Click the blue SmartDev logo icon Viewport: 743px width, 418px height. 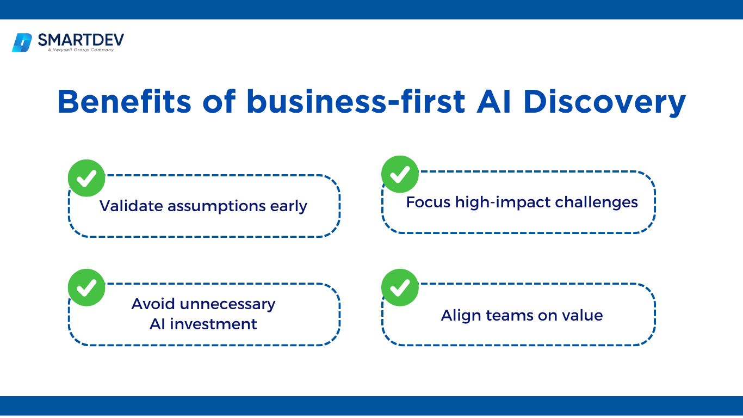pos(22,43)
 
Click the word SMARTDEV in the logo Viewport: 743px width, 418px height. pos(81,40)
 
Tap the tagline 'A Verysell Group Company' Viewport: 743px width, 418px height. pos(81,50)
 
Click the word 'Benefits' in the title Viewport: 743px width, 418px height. pos(125,102)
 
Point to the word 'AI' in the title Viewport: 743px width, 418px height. pos(493,102)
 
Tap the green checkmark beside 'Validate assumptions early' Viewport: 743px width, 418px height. pos(86,178)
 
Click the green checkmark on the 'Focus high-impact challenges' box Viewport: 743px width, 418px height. pos(400,174)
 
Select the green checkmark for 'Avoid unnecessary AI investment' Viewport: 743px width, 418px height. pos(86,287)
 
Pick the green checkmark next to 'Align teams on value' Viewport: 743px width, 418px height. pos(400,287)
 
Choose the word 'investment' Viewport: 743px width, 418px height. pos(213,324)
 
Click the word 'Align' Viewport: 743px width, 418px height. pos(461,316)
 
